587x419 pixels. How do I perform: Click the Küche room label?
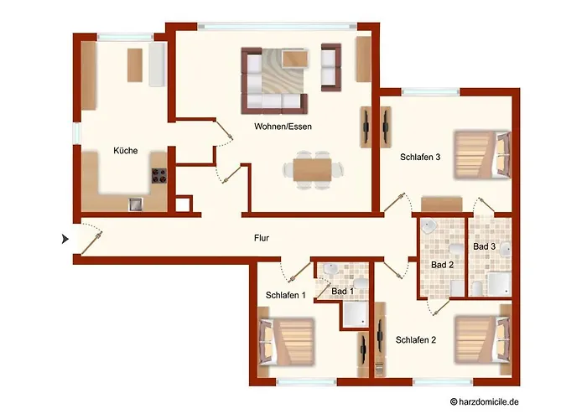point(126,150)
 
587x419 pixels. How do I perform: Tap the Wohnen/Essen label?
point(283,127)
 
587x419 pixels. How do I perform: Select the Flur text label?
point(262,238)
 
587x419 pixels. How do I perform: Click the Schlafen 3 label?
point(420,158)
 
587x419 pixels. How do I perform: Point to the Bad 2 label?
point(442,265)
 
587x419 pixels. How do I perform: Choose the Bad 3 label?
point(484,246)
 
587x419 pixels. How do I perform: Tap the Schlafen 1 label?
point(286,295)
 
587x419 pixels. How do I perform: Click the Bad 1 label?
point(342,291)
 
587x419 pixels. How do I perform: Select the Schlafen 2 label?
point(416,340)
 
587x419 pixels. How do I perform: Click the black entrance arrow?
point(65,239)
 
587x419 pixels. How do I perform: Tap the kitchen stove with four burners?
point(158,176)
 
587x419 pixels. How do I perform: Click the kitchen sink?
point(136,204)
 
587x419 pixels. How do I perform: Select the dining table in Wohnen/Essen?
point(312,170)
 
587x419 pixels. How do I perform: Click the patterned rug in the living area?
point(282,71)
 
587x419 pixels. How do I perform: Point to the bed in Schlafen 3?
point(482,154)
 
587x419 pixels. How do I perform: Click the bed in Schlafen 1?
point(286,342)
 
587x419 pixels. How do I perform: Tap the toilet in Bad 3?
point(476,288)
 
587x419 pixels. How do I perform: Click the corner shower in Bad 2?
point(428,226)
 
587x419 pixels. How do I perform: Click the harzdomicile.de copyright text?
point(485,401)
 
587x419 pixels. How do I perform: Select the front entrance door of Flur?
point(91,243)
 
